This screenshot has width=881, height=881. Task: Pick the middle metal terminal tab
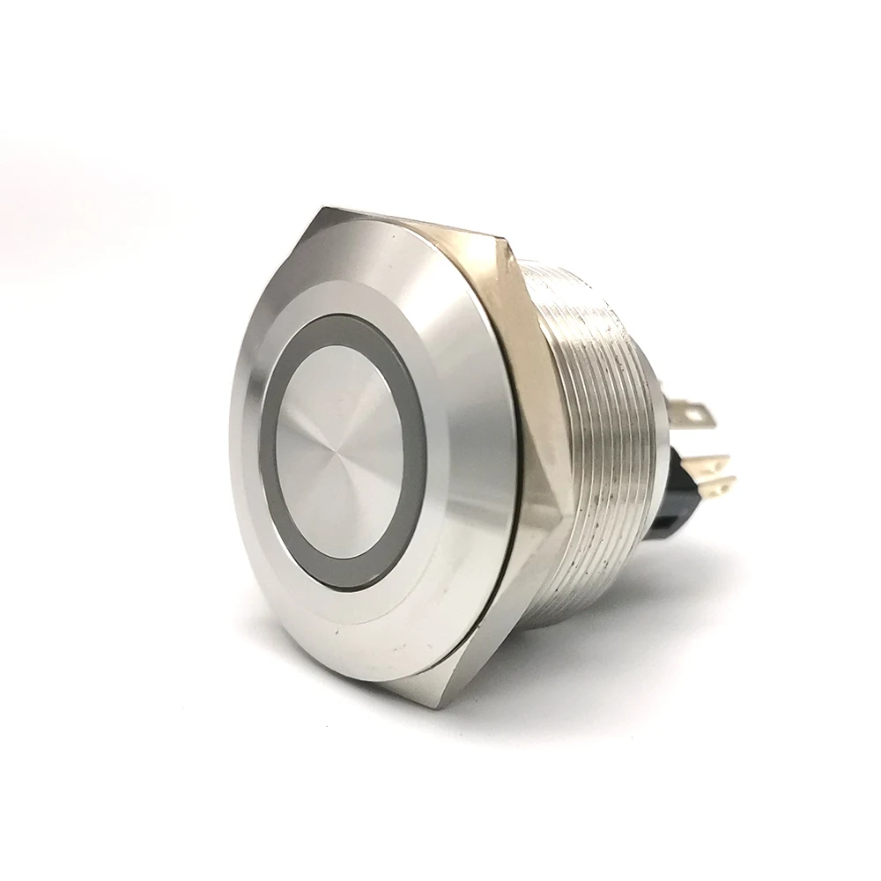pos(709,463)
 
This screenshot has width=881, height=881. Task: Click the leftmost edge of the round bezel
pos(231,449)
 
